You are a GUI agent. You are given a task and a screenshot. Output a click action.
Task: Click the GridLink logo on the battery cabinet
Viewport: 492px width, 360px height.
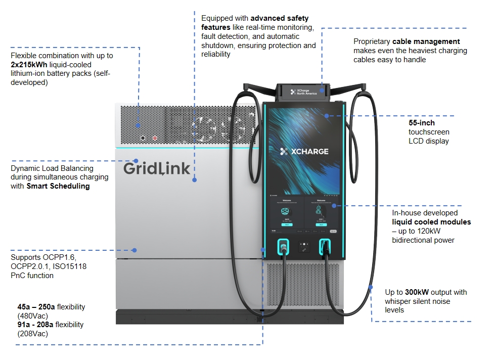[156, 168]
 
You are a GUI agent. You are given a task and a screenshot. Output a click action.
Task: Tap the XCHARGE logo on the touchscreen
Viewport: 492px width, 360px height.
[304, 151]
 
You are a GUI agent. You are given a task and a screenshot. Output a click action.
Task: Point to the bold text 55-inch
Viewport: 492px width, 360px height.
[422, 123]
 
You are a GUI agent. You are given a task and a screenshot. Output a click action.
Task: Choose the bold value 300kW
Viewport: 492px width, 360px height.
[416, 292]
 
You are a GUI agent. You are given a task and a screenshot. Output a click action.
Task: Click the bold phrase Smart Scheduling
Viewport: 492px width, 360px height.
[58, 186]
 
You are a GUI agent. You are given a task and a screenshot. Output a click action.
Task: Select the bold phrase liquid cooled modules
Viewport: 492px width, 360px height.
[431, 222]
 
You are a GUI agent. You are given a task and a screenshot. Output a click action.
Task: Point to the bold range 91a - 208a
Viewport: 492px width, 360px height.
[36, 325]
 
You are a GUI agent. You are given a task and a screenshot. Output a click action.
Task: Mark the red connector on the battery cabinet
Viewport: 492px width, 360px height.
[155, 138]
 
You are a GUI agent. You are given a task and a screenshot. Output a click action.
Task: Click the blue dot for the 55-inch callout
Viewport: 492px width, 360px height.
[327, 116]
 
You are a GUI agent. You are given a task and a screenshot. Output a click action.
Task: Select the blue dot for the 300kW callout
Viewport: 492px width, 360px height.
[371, 288]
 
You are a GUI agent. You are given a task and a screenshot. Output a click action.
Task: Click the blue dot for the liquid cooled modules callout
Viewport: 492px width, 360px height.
[340, 206]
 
